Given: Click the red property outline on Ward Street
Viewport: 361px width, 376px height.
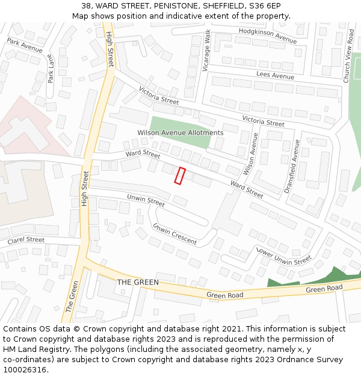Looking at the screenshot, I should (x=179, y=176).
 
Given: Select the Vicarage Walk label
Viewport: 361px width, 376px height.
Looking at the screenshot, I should (x=206, y=52).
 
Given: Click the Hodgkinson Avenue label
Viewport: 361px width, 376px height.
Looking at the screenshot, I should (x=267, y=35).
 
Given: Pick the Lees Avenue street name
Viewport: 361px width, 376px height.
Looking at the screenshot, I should (x=275, y=76).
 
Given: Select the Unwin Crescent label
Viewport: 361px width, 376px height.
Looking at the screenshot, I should (x=174, y=234).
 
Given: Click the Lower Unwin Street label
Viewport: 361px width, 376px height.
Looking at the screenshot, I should (x=284, y=257).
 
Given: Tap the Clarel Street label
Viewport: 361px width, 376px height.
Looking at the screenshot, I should (x=26, y=240).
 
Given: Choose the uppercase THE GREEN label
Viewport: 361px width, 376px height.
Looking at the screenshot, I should (x=138, y=282).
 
